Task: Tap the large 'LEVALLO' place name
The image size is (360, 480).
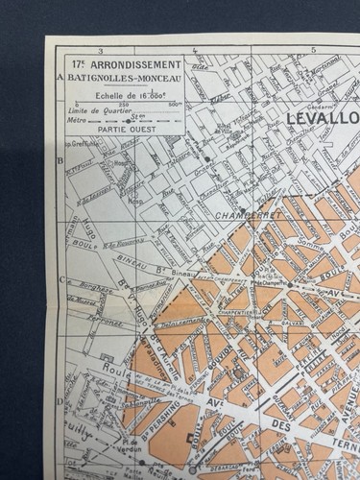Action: (323, 117)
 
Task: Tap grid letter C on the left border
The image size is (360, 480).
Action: (60, 280)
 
